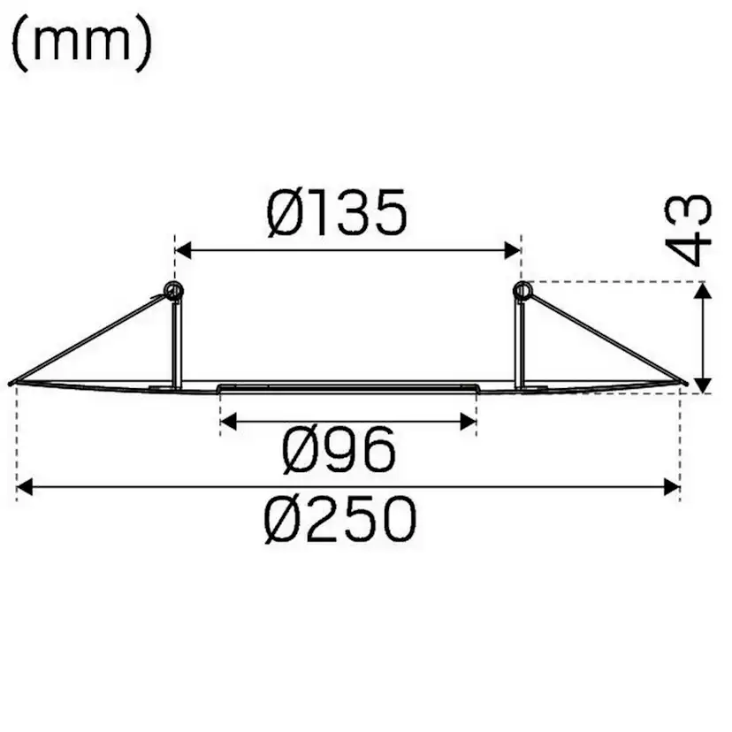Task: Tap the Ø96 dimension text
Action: pyautogui.click(x=339, y=451)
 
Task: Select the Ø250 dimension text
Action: pyautogui.click(x=340, y=520)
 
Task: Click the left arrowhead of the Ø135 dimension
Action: pyautogui.click(x=184, y=250)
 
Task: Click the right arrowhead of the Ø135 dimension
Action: pyautogui.click(x=513, y=250)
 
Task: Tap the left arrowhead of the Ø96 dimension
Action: pyautogui.click(x=228, y=423)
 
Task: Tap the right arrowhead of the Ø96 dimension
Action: pyautogui.click(x=468, y=423)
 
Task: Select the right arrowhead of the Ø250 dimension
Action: pyautogui.click(x=671, y=486)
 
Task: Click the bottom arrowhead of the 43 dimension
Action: pyautogui.click(x=702, y=383)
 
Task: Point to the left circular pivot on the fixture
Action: pyautogui.click(x=174, y=290)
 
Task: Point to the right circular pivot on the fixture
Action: pyautogui.click(x=522, y=290)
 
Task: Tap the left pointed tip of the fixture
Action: pyautogui.click(x=12, y=383)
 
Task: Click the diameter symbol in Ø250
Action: pyautogui.click(x=285, y=520)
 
